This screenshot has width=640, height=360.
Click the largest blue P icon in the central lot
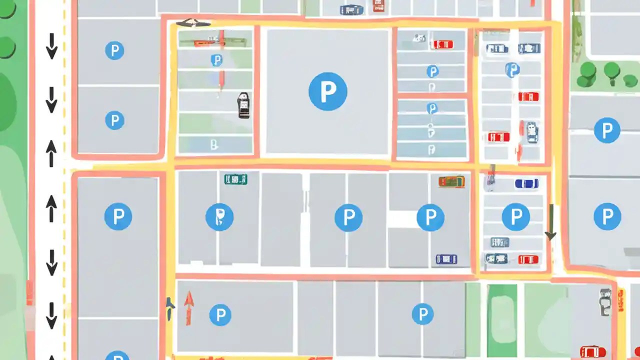327,91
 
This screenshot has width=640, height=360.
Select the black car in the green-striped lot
243,105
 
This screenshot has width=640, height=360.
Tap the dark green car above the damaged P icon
235,179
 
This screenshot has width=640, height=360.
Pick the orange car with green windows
451,181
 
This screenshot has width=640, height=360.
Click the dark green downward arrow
550,222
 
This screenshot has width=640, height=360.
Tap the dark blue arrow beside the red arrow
170,307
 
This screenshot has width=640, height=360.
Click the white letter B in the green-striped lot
214,145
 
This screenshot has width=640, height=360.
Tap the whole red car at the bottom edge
592,351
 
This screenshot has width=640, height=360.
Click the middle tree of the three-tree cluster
611,71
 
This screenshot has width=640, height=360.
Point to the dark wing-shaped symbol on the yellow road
193,22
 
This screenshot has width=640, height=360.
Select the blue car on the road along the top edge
352,9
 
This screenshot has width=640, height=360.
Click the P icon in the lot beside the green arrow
515,216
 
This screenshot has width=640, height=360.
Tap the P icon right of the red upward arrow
220,315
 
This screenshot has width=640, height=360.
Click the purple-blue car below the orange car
446,258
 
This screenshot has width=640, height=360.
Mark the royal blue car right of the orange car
526,183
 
